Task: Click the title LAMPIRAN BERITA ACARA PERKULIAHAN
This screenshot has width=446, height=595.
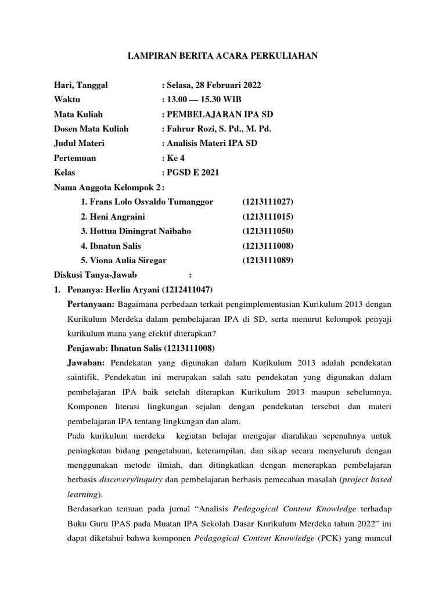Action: pyautogui.click(x=223, y=56)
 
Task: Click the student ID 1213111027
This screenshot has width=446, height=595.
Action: pyautogui.click(x=268, y=202)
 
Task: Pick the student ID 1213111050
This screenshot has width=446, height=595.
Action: pyautogui.click(x=268, y=231)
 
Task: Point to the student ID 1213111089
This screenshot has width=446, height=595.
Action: pyautogui.click(x=268, y=260)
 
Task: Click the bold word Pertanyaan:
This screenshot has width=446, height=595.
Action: pyautogui.click(x=91, y=304)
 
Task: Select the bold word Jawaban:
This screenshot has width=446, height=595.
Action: pyautogui.click(x=86, y=363)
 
